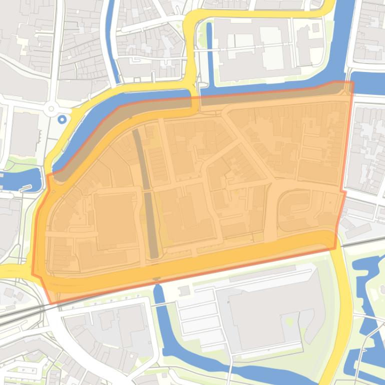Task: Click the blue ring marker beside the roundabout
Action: click(62, 119)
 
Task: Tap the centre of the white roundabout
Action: click(51, 108)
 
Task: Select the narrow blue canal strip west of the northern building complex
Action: click(209, 52)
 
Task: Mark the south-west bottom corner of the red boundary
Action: click(51, 303)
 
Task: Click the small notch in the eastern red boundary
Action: click(343, 191)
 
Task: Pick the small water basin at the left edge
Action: click(20, 179)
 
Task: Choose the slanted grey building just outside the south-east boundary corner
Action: click(358, 230)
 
